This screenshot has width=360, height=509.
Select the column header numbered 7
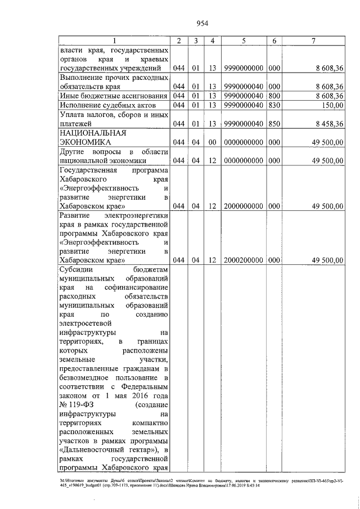tap(314, 41)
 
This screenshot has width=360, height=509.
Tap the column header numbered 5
tap(244, 41)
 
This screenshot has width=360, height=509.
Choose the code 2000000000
tap(244, 206)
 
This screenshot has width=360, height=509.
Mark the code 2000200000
tap(244, 260)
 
